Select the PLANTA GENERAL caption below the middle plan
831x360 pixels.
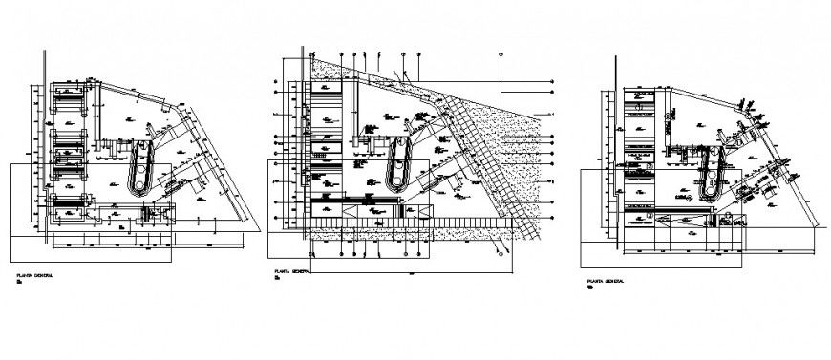click(292, 272)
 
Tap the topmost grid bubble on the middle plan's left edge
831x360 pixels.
click(276, 82)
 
